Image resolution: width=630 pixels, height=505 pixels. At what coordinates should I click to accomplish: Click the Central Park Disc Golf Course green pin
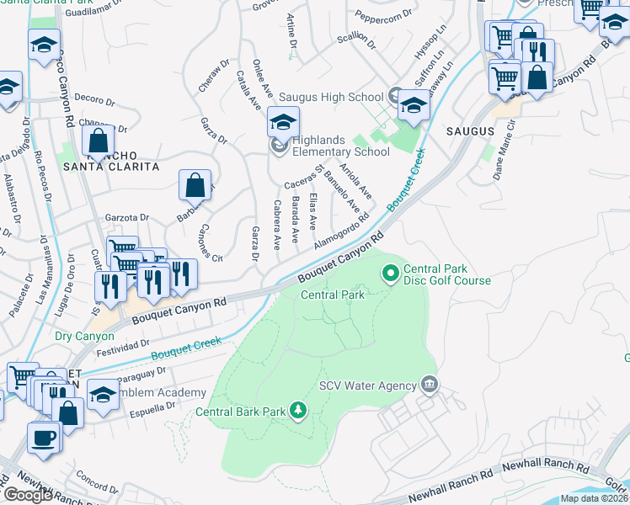tap(390, 273)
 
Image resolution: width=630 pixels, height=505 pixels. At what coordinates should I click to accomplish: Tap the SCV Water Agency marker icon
tap(430, 385)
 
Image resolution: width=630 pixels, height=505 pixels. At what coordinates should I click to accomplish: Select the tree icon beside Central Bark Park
tap(297, 411)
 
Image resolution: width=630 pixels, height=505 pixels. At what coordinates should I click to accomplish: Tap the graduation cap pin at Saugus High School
tap(413, 106)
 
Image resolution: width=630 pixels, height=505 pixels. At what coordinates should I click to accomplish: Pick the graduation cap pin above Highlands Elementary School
tap(284, 123)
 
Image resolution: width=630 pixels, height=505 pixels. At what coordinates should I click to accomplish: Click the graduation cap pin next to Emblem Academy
tap(104, 394)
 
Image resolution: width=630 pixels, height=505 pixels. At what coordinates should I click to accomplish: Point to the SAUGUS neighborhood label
tap(470, 131)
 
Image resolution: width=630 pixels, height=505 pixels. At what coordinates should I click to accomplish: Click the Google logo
tap(28, 495)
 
